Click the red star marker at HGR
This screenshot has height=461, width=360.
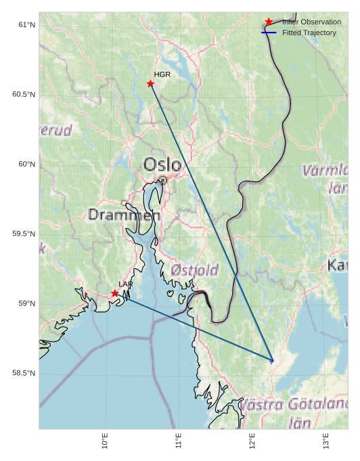[x=150, y=83]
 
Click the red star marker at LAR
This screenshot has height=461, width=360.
[x=115, y=293]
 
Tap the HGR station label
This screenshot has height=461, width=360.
[x=162, y=74]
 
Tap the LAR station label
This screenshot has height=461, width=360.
[x=126, y=284]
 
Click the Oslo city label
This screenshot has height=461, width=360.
[x=162, y=164]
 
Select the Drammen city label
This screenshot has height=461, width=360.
[x=125, y=215]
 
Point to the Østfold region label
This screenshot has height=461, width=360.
[x=195, y=270]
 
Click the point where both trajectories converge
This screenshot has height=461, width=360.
[x=273, y=361]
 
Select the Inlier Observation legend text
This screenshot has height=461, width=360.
[x=311, y=22]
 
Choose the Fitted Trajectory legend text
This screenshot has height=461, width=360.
[x=309, y=32]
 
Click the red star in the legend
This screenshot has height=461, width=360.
[x=269, y=22]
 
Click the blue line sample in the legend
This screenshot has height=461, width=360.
[x=269, y=32]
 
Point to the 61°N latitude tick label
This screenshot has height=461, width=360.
[x=26, y=25]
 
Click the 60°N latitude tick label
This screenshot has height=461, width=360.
[x=26, y=164]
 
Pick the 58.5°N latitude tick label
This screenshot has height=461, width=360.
[x=24, y=374]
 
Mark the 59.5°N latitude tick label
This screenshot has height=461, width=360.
[x=24, y=234]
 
